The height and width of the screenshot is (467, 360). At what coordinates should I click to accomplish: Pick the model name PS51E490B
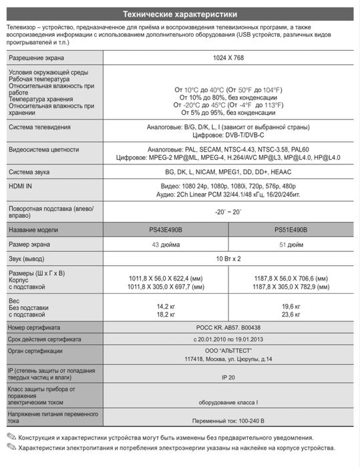tap(291, 229)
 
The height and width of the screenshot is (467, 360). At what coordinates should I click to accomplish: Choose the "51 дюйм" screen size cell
tap(291, 244)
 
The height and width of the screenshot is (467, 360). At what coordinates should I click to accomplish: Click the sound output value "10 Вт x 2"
tap(228, 258)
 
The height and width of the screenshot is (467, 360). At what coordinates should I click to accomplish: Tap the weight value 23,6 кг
tap(291, 313)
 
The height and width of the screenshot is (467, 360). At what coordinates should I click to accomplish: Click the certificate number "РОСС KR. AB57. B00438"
tap(228, 328)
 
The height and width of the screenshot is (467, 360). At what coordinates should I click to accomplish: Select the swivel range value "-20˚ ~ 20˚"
tap(228, 212)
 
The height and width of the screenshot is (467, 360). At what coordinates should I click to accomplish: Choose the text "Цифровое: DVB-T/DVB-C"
tap(228, 134)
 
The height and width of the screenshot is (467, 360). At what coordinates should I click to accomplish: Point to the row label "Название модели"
tap(33, 229)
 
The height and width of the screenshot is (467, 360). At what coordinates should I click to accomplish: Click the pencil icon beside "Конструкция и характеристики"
tap(11, 437)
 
